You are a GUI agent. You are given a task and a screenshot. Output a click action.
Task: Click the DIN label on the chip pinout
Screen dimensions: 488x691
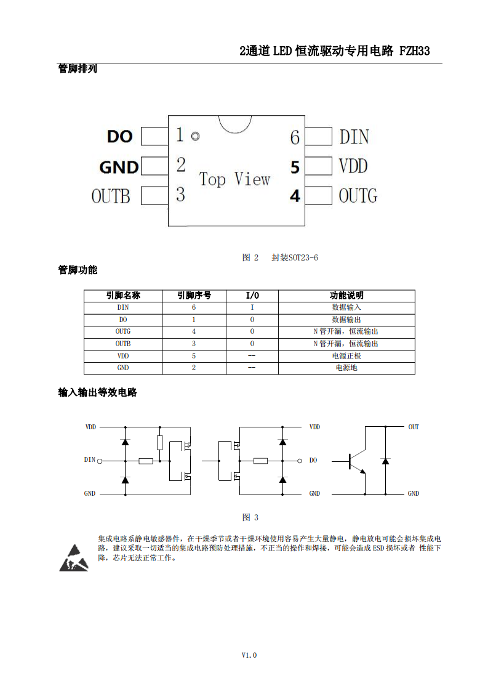click(354, 137)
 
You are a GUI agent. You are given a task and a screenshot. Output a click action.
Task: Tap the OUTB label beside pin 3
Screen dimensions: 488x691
click(111, 196)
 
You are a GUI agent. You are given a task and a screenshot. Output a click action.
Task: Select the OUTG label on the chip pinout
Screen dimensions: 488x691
click(358, 196)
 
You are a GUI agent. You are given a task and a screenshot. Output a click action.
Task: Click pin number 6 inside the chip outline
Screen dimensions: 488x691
click(295, 137)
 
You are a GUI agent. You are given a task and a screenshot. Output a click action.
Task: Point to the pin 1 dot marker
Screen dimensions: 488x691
click(195, 136)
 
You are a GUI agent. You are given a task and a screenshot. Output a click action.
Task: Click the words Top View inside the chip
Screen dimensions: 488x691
click(234, 179)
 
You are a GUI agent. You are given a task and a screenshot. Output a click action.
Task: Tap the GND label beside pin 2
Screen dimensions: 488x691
click(119, 167)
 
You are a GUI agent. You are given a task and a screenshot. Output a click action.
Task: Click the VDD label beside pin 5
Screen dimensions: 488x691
click(353, 166)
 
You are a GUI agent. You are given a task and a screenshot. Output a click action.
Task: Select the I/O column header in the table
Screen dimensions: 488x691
click(252, 295)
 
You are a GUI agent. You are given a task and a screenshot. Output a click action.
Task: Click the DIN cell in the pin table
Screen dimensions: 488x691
click(123, 307)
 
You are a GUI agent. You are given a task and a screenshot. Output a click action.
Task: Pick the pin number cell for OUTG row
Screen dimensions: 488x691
click(194, 331)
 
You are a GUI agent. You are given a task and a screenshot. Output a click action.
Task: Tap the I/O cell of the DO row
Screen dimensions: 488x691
click(252, 320)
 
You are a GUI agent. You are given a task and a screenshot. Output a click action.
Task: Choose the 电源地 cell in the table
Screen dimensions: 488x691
click(346, 368)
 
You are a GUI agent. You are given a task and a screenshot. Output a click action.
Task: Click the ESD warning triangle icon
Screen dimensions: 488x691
click(74, 559)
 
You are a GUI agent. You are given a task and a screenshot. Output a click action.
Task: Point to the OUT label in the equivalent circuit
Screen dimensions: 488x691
click(414, 427)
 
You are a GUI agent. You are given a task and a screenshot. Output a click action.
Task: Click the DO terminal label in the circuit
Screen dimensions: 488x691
click(313, 460)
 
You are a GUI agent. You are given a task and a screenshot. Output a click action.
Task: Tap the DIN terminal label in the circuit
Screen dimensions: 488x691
click(90, 459)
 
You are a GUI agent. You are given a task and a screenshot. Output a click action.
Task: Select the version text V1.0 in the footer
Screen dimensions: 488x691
click(249, 655)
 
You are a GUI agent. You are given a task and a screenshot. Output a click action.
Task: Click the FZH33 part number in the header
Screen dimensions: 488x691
click(414, 51)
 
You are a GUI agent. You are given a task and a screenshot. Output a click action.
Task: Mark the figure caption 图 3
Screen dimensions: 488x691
click(250, 517)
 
